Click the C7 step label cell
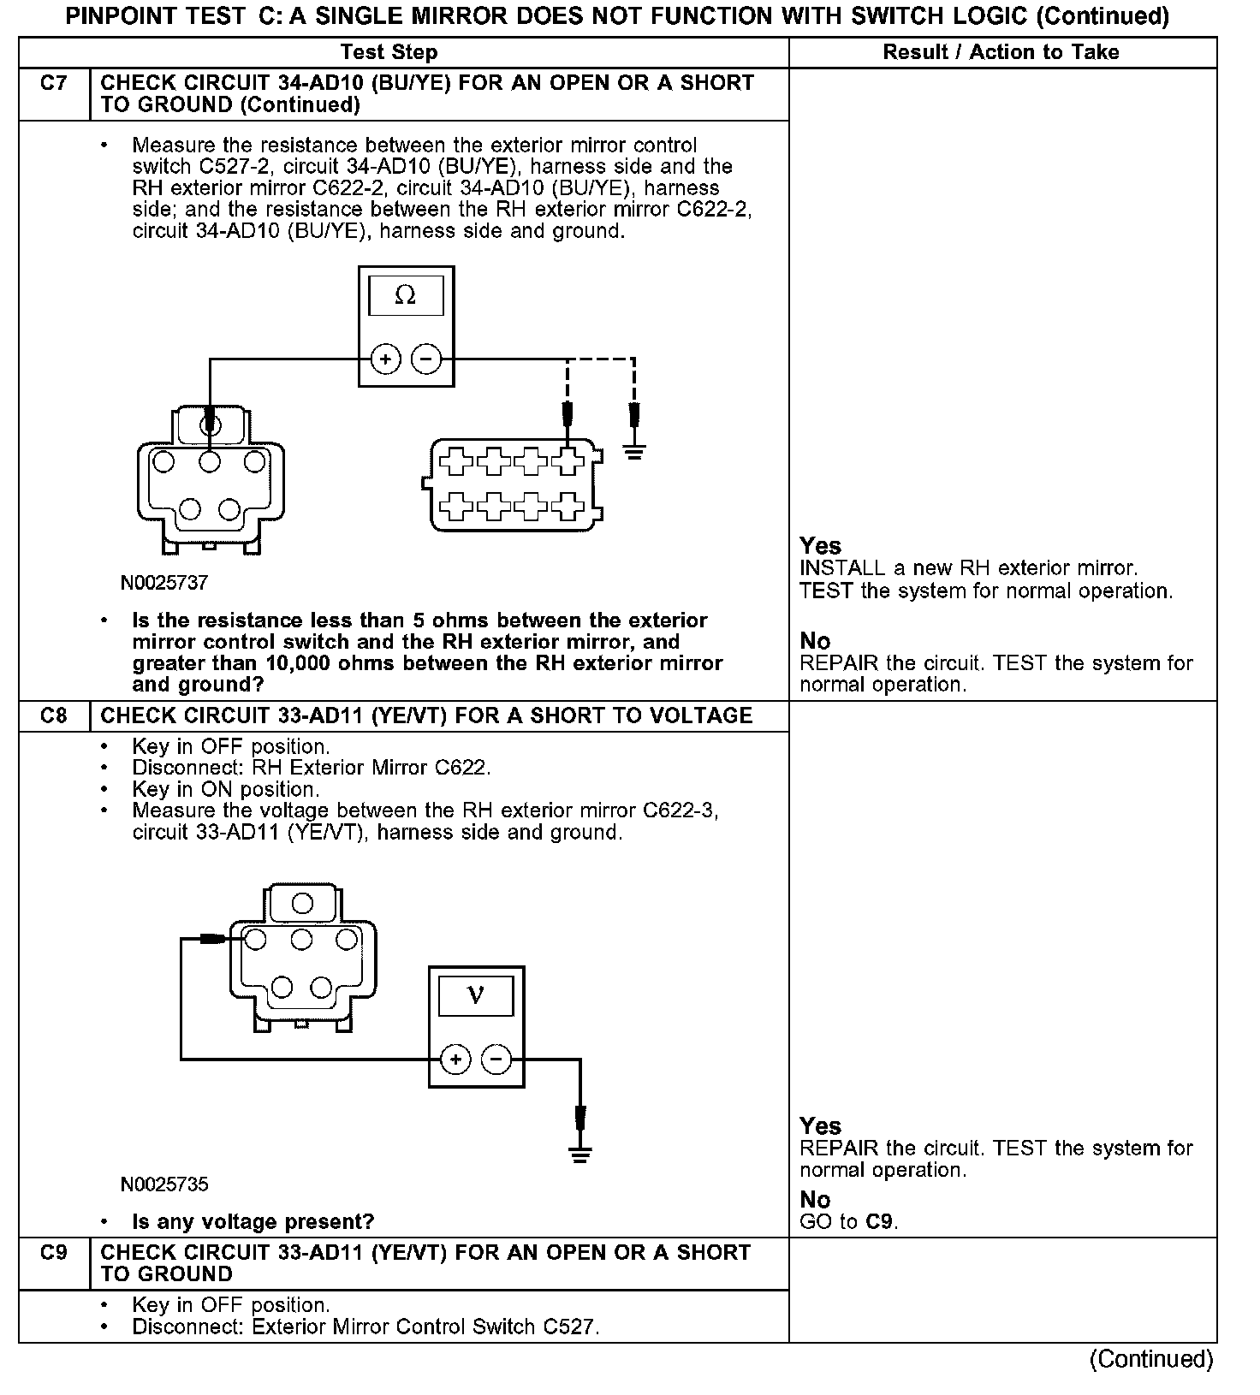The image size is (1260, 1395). point(54,84)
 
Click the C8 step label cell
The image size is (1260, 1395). point(54,715)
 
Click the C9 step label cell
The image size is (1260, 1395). point(54,1253)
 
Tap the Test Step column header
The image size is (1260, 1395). point(389,52)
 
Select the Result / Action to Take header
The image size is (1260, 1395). point(1001,52)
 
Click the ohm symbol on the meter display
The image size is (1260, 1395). point(406,296)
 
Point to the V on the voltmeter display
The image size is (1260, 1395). point(476,996)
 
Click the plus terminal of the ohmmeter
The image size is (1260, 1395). point(385,359)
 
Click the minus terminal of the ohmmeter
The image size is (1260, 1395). point(427,359)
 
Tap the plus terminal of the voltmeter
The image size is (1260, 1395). point(455,1060)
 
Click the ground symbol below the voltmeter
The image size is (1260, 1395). point(580,1155)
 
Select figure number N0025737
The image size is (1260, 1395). point(164,583)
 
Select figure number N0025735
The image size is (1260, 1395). point(164,1184)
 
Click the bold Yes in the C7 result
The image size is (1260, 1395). point(820,546)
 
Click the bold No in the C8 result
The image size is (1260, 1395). point(815,1200)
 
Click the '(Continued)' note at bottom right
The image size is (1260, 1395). point(1150,1359)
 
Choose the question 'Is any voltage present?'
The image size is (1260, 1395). point(253,1221)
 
